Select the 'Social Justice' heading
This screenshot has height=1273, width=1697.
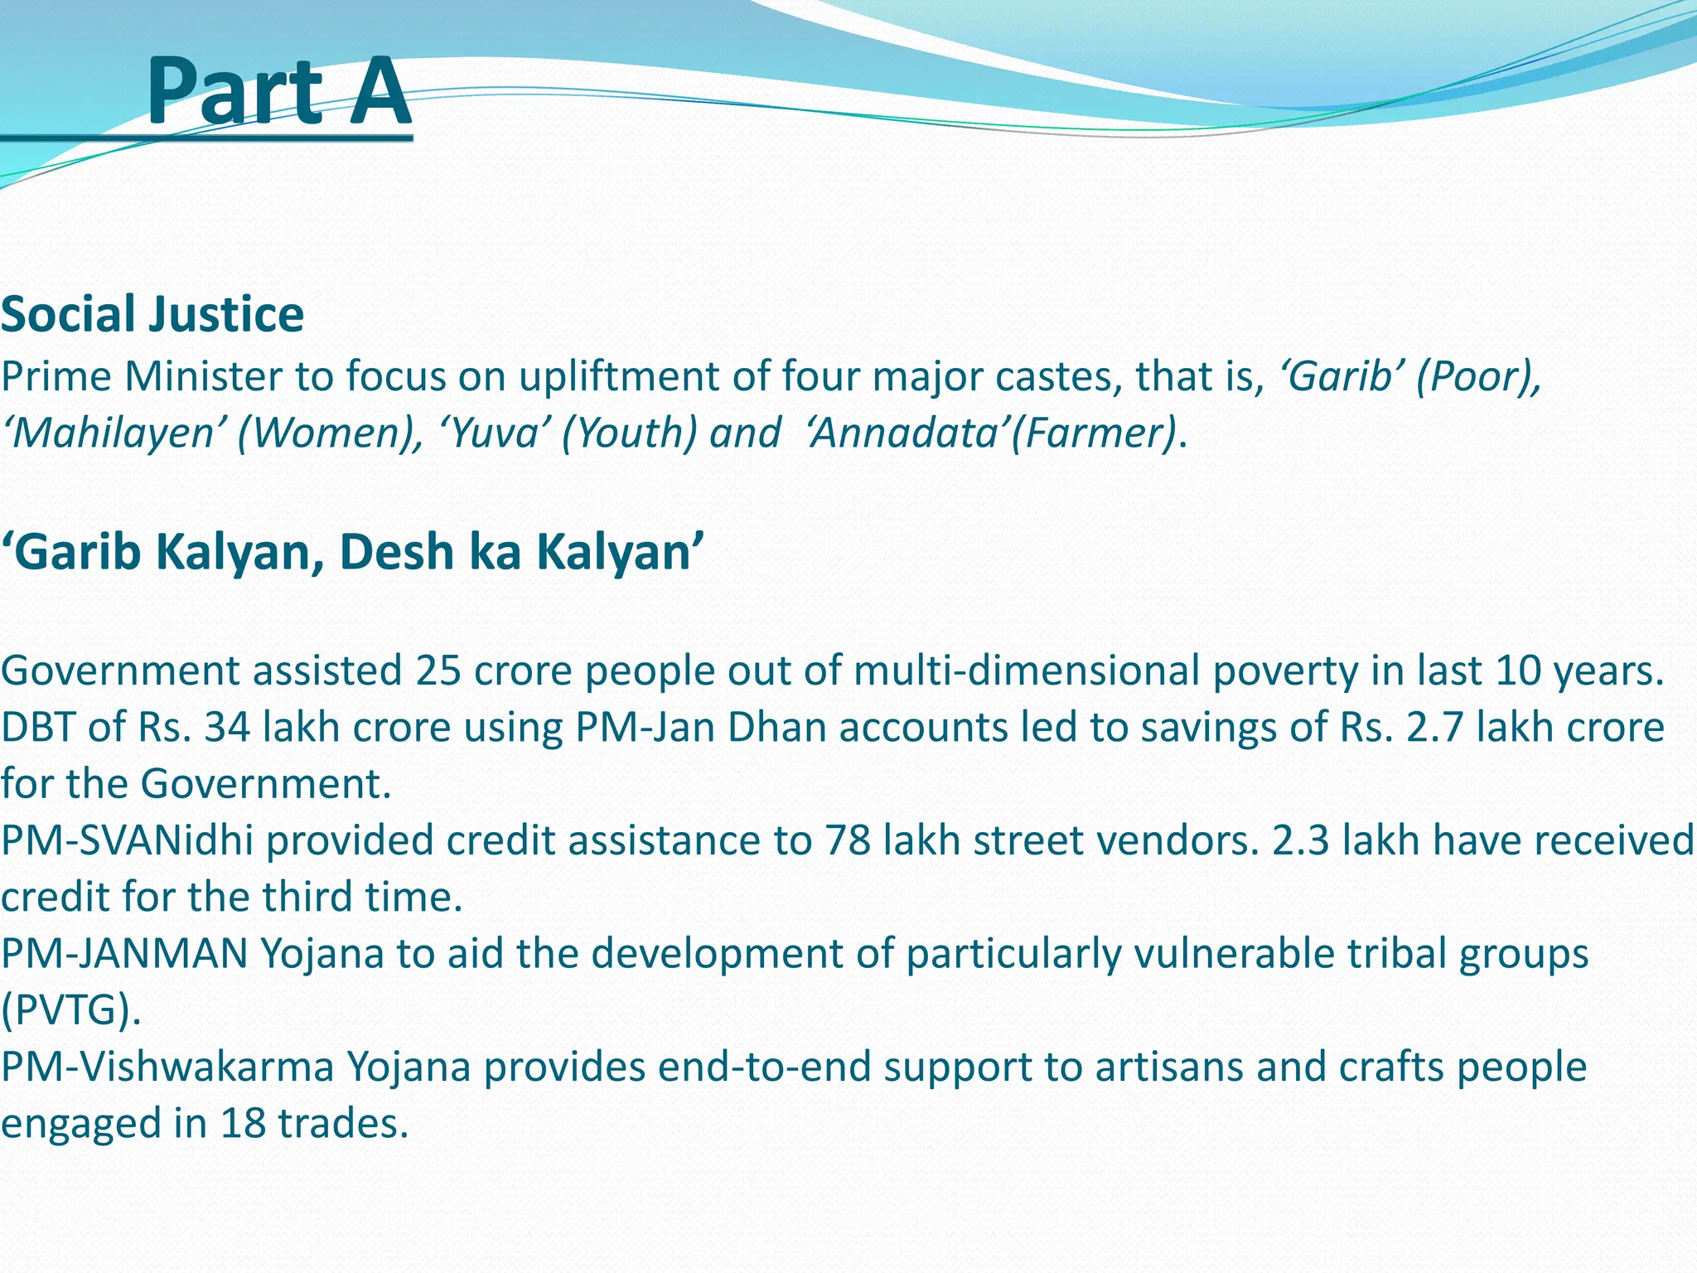pyautogui.click(x=152, y=315)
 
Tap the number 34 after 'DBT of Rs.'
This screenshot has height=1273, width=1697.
pyautogui.click(x=227, y=728)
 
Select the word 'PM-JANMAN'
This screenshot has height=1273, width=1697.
pyautogui.click(x=124, y=954)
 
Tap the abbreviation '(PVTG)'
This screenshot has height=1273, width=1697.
pyautogui.click(x=70, y=1010)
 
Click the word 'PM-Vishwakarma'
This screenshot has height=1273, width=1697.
pyautogui.click(x=167, y=1067)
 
